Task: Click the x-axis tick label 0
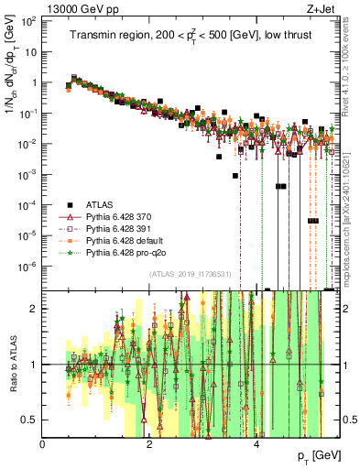click(x=43, y=443)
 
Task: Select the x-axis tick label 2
click(x=149, y=443)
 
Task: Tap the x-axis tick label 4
click(x=256, y=443)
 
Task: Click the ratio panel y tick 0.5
click(x=31, y=420)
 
